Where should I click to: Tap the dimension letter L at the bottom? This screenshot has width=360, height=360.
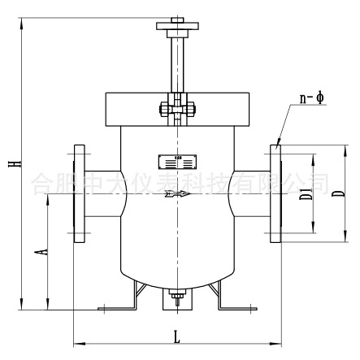tap(177, 334)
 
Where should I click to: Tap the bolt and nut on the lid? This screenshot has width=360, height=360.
tap(176, 107)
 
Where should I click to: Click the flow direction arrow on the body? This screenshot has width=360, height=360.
tap(176, 193)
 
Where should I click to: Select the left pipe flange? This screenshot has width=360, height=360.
tap(79, 194)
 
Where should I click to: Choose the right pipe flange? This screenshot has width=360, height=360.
tap(274, 194)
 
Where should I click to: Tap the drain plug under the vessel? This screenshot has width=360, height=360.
tap(176, 300)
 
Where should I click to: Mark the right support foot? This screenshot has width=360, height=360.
tap(232, 301)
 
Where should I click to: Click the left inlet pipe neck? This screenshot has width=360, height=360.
tap(102, 194)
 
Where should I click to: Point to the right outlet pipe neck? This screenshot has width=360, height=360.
tap(250, 194)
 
